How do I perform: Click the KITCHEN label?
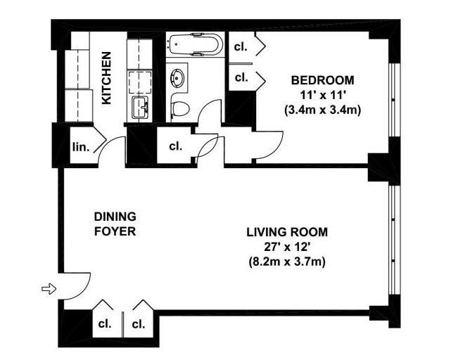point(106,78)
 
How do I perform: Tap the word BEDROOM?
point(322,80)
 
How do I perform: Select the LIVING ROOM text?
point(287,232)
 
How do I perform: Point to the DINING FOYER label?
point(115,224)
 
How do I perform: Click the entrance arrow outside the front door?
point(49,289)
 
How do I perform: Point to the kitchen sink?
point(140,108)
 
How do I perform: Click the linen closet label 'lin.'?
point(81,148)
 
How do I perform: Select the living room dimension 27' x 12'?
point(286,247)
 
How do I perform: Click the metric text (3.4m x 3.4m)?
point(322,110)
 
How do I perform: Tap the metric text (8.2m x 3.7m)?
point(287,262)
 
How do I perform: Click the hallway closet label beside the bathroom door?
point(176,146)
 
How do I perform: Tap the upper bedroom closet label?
point(241,46)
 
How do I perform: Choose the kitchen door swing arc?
point(108,142)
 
